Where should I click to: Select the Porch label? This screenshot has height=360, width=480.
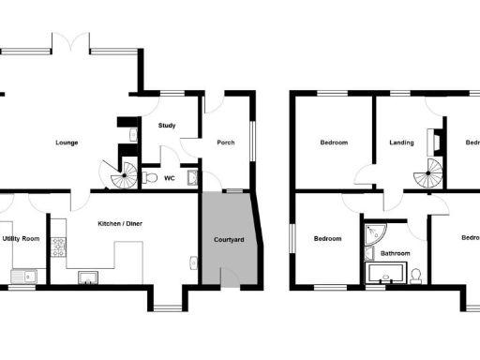tap(225, 142)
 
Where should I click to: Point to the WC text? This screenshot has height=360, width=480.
tap(170, 177)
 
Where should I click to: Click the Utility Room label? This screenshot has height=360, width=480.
tap(21, 239)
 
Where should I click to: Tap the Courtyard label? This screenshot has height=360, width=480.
tap(230, 240)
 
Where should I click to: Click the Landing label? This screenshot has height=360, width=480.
tap(402, 142)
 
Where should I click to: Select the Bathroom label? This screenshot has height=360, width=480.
tap(395, 253)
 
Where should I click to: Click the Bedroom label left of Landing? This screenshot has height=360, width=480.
tap(334, 142)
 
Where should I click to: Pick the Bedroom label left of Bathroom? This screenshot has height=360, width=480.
tap(327, 238)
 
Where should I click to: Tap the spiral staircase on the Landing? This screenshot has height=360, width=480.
tap(431, 173)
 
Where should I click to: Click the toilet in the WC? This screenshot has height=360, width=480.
tap(149, 176)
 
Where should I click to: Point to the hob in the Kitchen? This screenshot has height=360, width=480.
tap(57, 247)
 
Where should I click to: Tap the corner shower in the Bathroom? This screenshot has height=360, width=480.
tap(373, 234)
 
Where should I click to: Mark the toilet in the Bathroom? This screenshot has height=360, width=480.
tap(416, 273)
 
